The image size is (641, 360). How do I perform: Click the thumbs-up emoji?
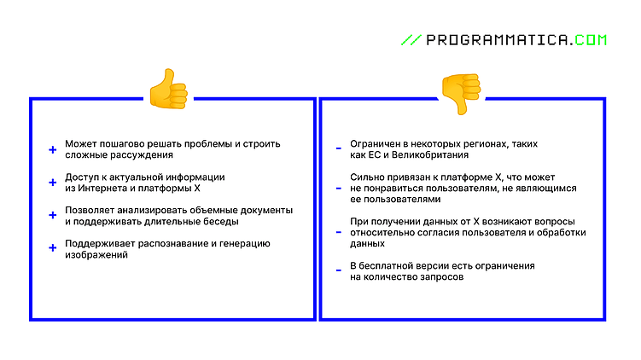pos(167,89)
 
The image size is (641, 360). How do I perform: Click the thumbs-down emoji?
pos(460,92)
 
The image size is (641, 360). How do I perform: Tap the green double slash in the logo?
pos(411,39)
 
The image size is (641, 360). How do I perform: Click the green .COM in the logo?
pos(588,39)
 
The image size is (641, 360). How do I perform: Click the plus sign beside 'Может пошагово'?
pos(52,149)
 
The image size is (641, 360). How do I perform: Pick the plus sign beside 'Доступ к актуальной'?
pos(52,182)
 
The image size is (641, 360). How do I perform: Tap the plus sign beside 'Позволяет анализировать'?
pos(52,214)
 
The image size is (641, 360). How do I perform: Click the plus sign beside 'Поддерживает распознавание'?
pos(52,247)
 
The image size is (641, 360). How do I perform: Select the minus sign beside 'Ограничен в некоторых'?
pos(339,149)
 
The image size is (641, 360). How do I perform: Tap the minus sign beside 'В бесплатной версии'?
pos(339,270)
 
